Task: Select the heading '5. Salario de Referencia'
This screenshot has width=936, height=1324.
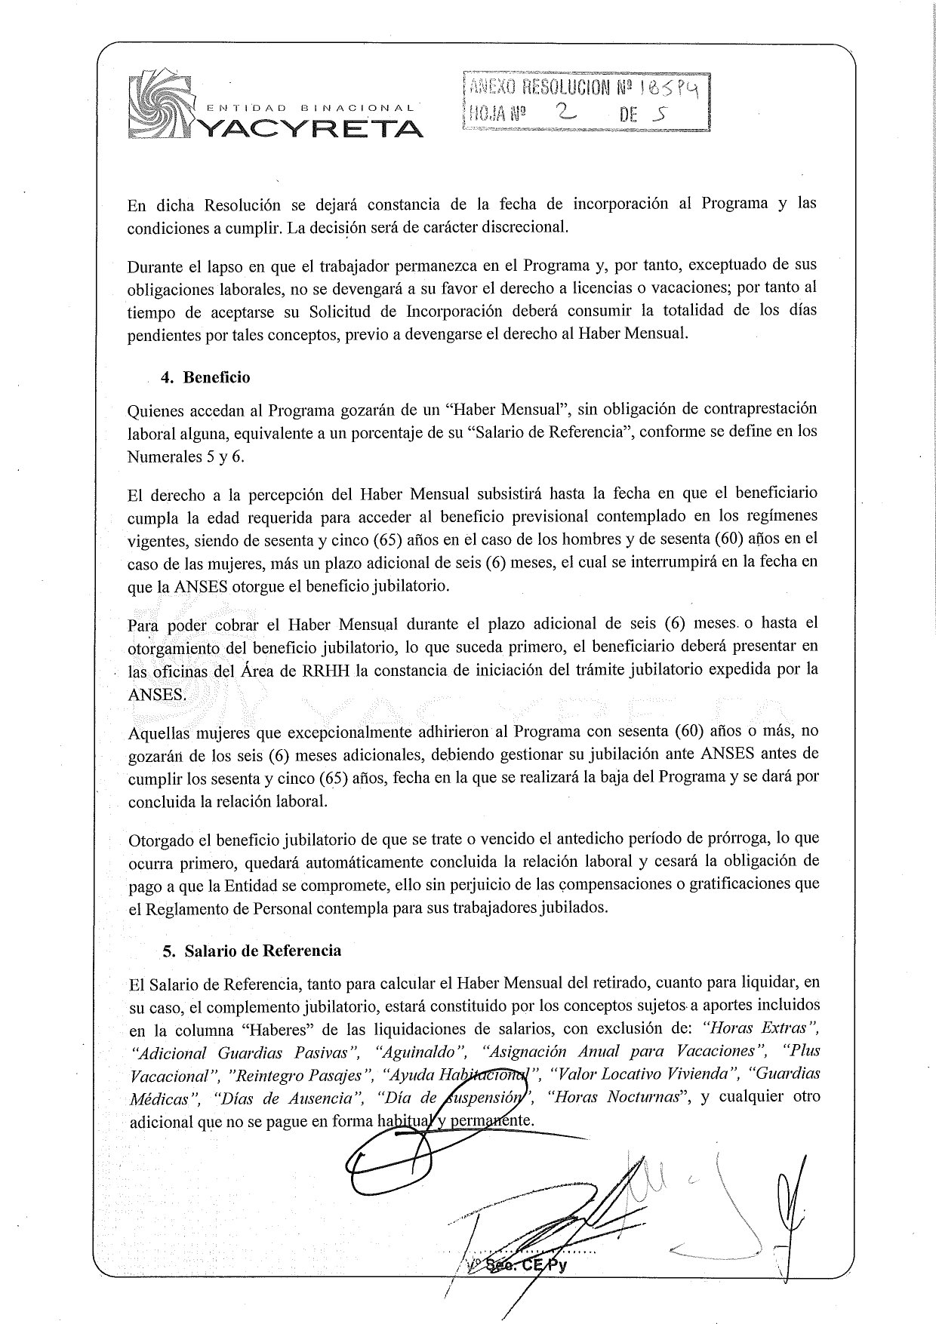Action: point(252,951)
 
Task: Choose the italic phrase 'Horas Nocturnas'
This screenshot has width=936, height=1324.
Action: point(615,1096)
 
